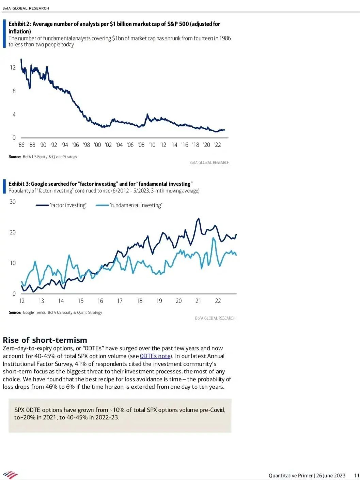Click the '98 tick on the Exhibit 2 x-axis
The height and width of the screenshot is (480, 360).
click(x=87, y=145)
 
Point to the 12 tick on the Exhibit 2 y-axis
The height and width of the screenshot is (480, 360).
click(x=13, y=67)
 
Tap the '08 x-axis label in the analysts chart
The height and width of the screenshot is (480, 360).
click(x=141, y=145)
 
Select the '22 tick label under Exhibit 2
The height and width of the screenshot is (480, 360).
click(x=217, y=145)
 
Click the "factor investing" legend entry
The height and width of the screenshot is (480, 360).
click(x=68, y=205)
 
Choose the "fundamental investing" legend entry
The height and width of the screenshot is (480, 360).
click(x=136, y=205)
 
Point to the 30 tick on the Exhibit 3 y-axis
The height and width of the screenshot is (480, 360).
click(x=13, y=202)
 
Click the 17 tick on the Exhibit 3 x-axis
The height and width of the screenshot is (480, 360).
click(x=120, y=301)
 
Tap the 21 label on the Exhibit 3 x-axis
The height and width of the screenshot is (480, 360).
click(x=198, y=301)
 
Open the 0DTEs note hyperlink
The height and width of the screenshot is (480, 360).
click(x=155, y=356)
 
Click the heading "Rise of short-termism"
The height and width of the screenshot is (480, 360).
click(x=45, y=340)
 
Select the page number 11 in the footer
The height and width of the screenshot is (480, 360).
click(x=357, y=476)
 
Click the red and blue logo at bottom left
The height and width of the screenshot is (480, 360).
click(x=10, y=475)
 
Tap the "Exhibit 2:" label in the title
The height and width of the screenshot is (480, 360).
click(x=19, y=24)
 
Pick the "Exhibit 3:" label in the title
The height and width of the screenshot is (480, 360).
click(x=19, y=184)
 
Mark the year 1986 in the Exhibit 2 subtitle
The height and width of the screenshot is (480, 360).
click(x=225, y=38)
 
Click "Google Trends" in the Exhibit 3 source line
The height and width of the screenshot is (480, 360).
click(x=34, y=312)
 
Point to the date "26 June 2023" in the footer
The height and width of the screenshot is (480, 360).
click(x=331, y=476)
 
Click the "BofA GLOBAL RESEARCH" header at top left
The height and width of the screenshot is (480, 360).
click(x=26, y=8)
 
